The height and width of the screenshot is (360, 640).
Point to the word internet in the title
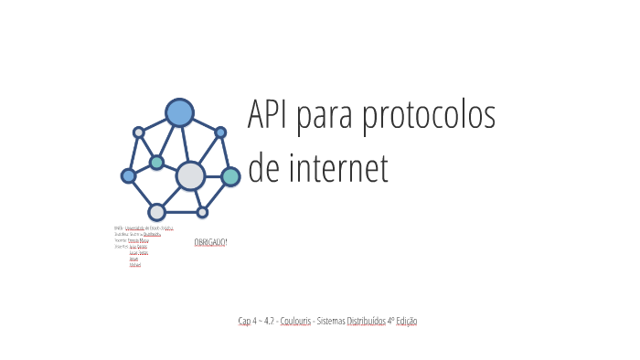[x=339, y=170]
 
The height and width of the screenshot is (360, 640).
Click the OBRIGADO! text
[x=210, y=242]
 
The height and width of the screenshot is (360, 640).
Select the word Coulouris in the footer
[x=294, y=321]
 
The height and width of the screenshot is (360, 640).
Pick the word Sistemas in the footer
[x=330, y=321]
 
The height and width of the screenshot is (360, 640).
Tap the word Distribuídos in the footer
[x=366, y=321]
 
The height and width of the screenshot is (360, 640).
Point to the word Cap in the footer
[x=244, y=321]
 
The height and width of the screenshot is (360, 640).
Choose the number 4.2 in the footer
[x=268, y=321]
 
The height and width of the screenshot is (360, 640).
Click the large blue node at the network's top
[x=179, y=112]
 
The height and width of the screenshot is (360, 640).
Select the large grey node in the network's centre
[x=190, y=175]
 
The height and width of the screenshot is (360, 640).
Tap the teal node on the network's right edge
[x=230, y=176]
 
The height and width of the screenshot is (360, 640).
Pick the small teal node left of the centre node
[x=157, y=163]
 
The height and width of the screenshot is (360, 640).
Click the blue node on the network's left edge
[x=129, y=175]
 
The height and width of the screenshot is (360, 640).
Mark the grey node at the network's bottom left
[x=156, y=212]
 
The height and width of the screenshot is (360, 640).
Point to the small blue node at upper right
[x=220, y=132]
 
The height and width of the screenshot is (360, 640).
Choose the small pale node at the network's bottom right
[x=202, y=212]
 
